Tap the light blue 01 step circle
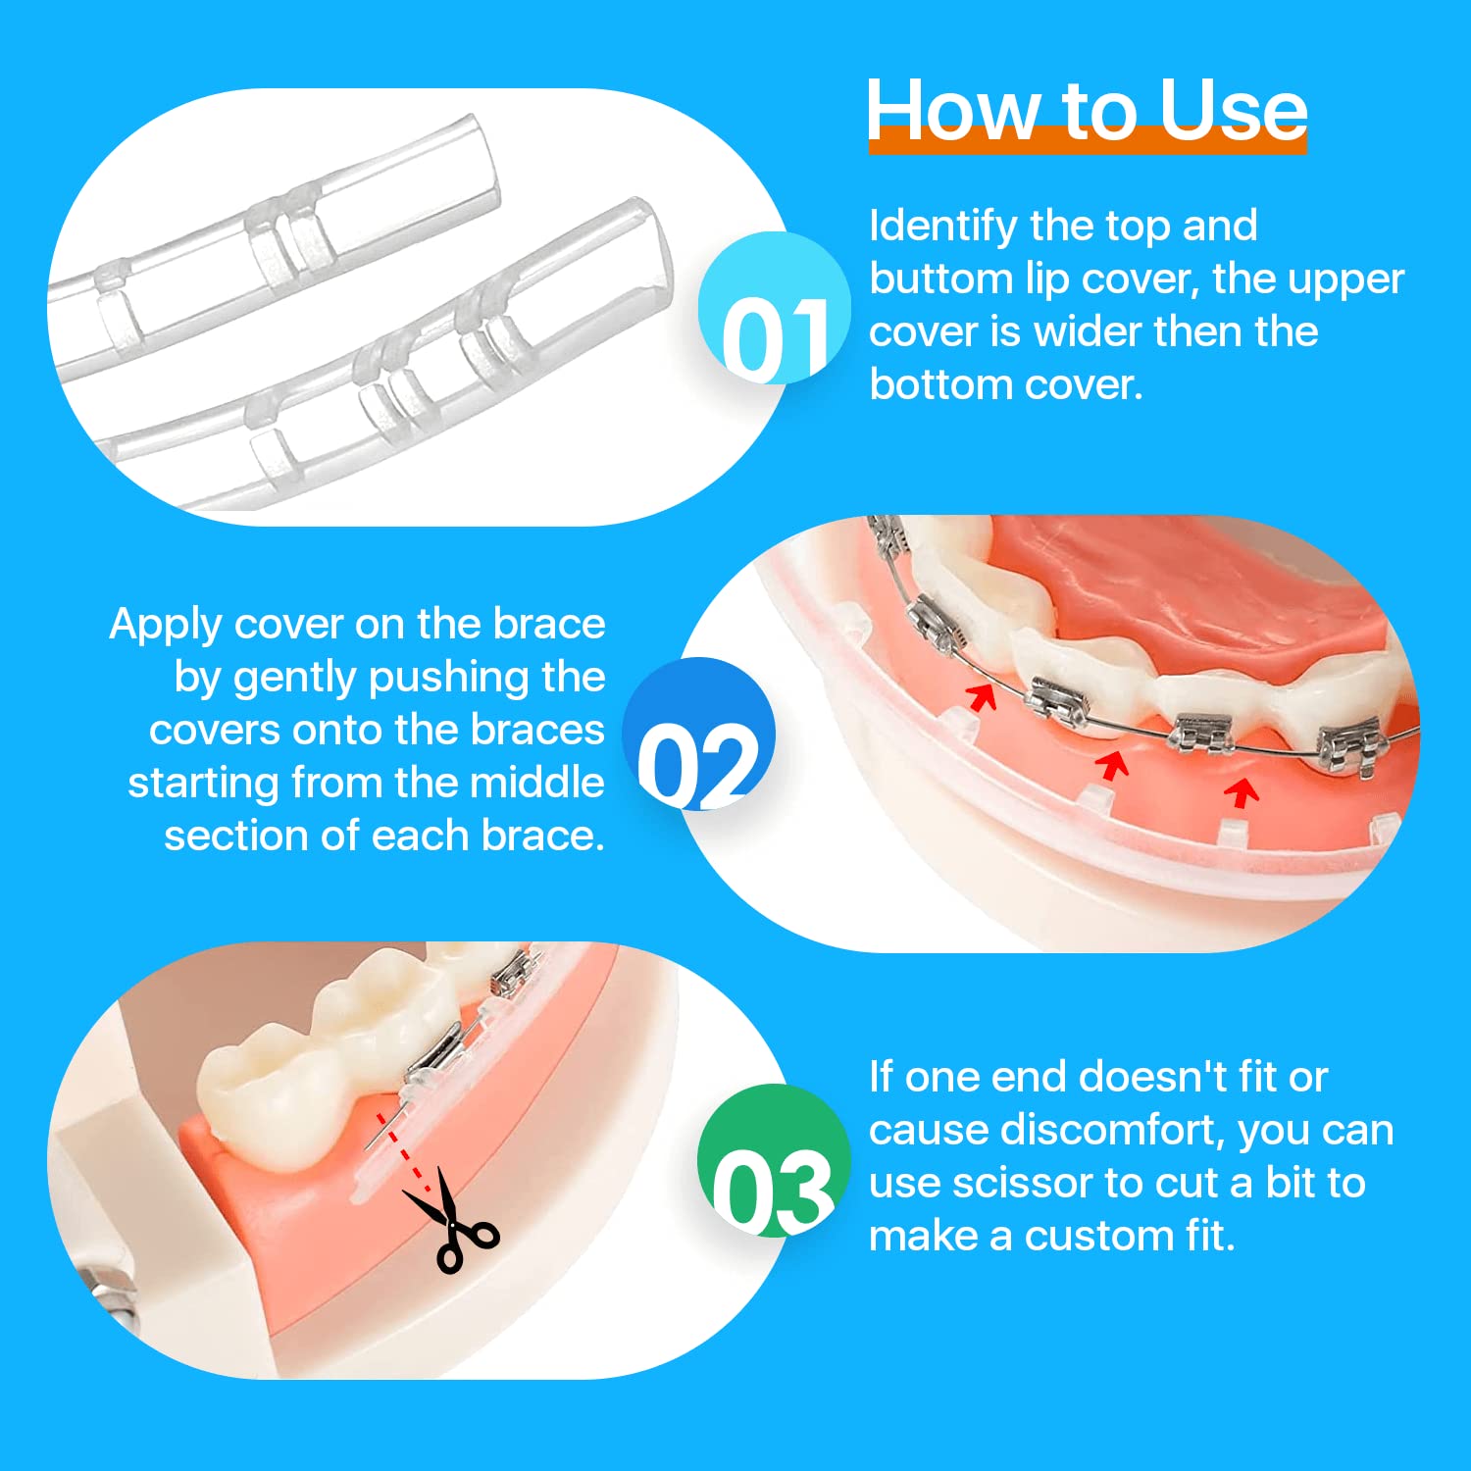tap(775, 308)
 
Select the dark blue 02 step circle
tap(699, 734)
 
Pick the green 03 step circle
tap(774, 1160)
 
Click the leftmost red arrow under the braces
tap(981, 697)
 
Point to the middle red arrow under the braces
tap(1111, 766)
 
